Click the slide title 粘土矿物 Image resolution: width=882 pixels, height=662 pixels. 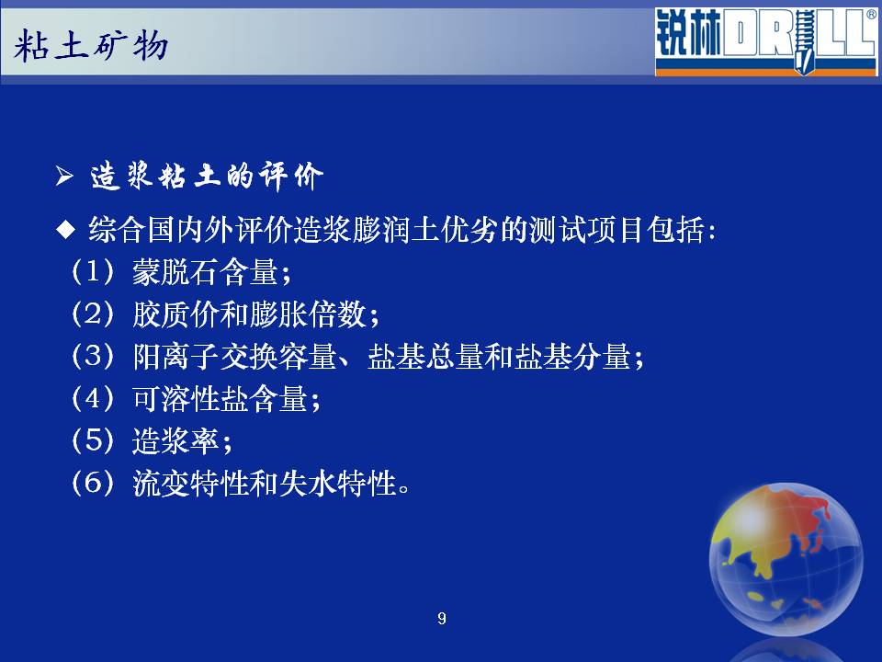click(x=91, y=46)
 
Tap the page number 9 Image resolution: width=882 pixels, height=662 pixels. click(x=442, y=619)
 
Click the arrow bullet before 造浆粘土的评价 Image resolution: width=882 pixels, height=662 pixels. click(x=64, y=177)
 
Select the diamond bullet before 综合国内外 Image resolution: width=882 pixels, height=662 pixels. click(x=66, y=229)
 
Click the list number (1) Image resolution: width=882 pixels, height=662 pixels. click(x=93, y=271)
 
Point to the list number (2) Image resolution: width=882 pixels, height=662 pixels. click(x=93, y=314)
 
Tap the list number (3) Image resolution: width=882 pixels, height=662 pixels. click(x=93, y=356)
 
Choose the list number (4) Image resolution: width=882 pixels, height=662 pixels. click(x=93, y=398)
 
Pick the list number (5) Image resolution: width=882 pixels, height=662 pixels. click(x=93, y=440)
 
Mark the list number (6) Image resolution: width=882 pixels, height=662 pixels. click(x=93, y=483)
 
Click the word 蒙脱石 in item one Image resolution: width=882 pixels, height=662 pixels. click(x=175, y=272)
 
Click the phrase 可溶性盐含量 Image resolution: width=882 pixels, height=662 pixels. click(x=220, y=398)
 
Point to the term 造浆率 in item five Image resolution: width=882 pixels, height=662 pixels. click(x=175, y=440)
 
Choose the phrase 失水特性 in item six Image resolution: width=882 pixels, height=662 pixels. click(x=337, y=483)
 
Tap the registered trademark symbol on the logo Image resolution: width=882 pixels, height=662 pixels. click(x=871, y=16)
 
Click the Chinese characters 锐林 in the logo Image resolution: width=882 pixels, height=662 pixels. click(x=688, y=33)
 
